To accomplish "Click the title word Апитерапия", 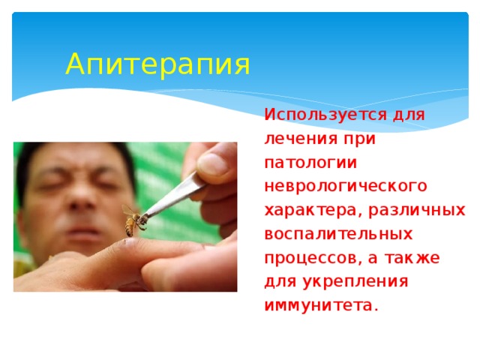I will (x=157, y=65).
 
